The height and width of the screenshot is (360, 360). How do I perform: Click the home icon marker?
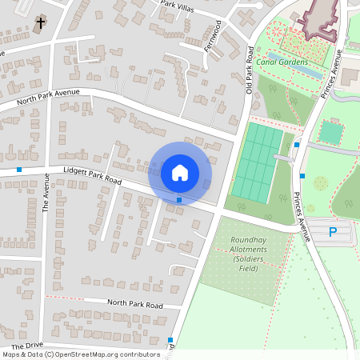[180, 172]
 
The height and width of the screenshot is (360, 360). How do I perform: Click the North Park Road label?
[134, 304]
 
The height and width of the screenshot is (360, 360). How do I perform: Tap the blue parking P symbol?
[333, 232]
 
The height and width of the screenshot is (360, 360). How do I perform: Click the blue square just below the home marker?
[179, 200]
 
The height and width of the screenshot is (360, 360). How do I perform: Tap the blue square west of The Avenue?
[19, 170]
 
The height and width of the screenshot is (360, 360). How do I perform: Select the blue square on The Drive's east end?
[170, 340]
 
